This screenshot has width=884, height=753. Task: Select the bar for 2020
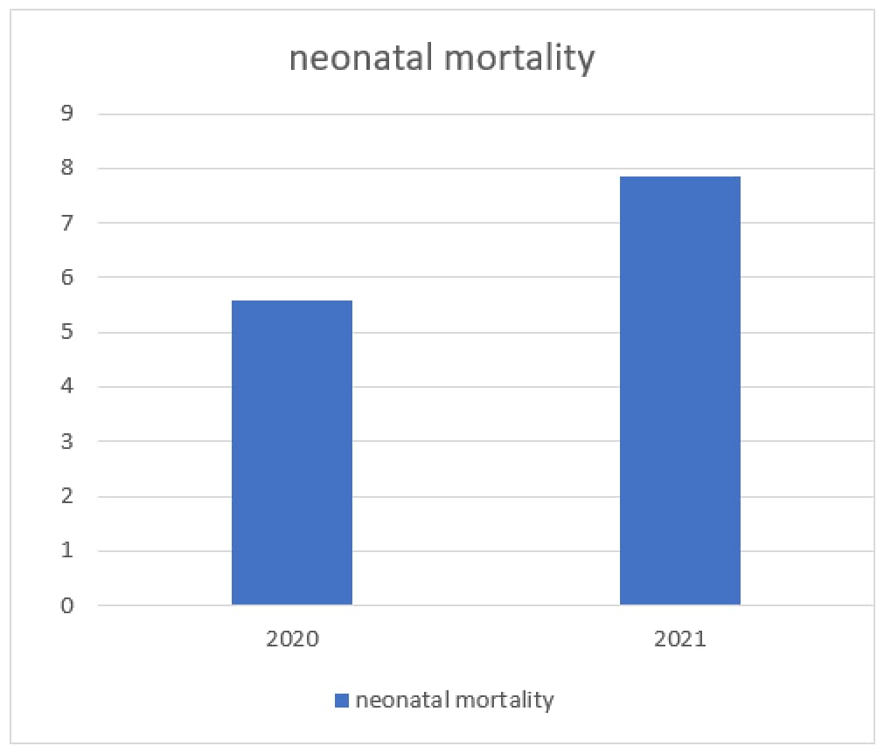pyautogui.click(x=291, y=452)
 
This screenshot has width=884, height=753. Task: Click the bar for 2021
pyautogui.click(x=679, y=390)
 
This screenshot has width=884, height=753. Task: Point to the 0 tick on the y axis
pyautogui.click(x=67, y=605)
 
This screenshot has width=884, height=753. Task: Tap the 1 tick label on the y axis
pyautogui.click(x=67, y=551)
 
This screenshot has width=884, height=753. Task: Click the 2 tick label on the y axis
pyautogui.click(x=67, y=496)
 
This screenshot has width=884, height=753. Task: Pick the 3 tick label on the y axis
pyautogui.click(x=67, y=442)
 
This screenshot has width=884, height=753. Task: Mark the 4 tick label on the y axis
pyautogui.click(x=67, y=387)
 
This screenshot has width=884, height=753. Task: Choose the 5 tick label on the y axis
pyautogui.click(x=67, y=333)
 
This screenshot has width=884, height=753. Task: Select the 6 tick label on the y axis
pyautogui.click(x=67, y=278)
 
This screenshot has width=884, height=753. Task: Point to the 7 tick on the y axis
pyautogui.click(x=67, y=224)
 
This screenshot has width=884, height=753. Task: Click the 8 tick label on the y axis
pyautogui.click(x=67, y=169)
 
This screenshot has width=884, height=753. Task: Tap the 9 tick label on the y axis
pyautogui.click(x=67, y=114)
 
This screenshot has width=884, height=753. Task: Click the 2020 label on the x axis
pyautogui.click(x=292, y=639)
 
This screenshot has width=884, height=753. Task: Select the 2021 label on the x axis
pyautogui.click(x=679, y=639)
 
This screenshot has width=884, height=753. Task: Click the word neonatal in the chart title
pyautogui.click(x=359, y=59)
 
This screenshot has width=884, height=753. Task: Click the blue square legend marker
pyautogui.click(x=342, y=700)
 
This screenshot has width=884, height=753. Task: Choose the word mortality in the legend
pyautogui.click(x=505, y=700)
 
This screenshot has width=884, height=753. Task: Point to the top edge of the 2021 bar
pyautogui.click(x=679, y=177)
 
